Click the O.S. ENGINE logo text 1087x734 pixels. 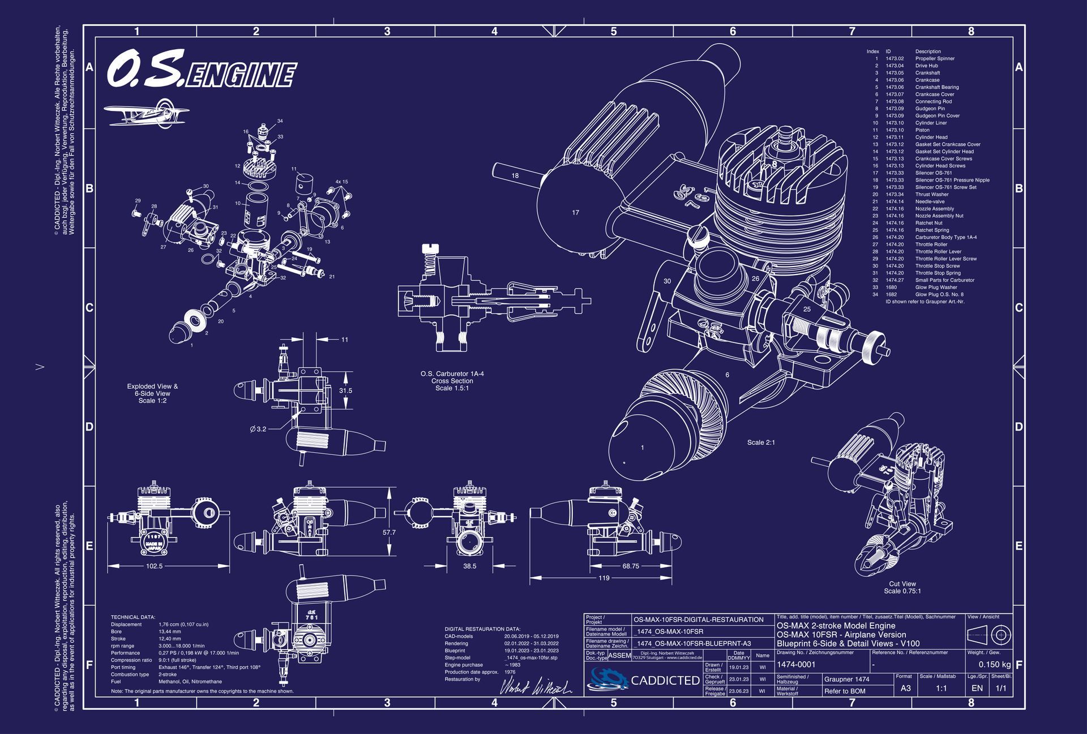[x=202, y=71]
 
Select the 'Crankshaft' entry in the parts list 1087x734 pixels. [x=927, y=73]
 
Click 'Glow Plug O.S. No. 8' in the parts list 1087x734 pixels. [x=939, y=294]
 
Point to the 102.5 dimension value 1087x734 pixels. [x=154, y=566]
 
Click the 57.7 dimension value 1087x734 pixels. [x=389, y=533]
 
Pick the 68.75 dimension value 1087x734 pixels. [x=630, y=566]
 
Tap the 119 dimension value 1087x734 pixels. [x=604, y=578]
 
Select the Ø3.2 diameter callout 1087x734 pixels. [x=258, y=429]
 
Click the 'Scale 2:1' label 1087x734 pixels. [x=761, y=443]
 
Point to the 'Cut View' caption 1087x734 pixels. [x=902, y=584]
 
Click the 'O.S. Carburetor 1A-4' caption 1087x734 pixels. [x=452, y=374]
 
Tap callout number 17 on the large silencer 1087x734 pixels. [x=575, y=213]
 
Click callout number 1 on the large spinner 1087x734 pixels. [x=642, y=448]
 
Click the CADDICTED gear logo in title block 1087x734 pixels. [x=609, y=679]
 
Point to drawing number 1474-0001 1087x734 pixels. [x=796, y=664]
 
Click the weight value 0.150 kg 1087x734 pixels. [x=995, y=664]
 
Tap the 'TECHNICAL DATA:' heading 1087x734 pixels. [x=133, y=617]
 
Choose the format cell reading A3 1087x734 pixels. [x=906, y=688]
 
